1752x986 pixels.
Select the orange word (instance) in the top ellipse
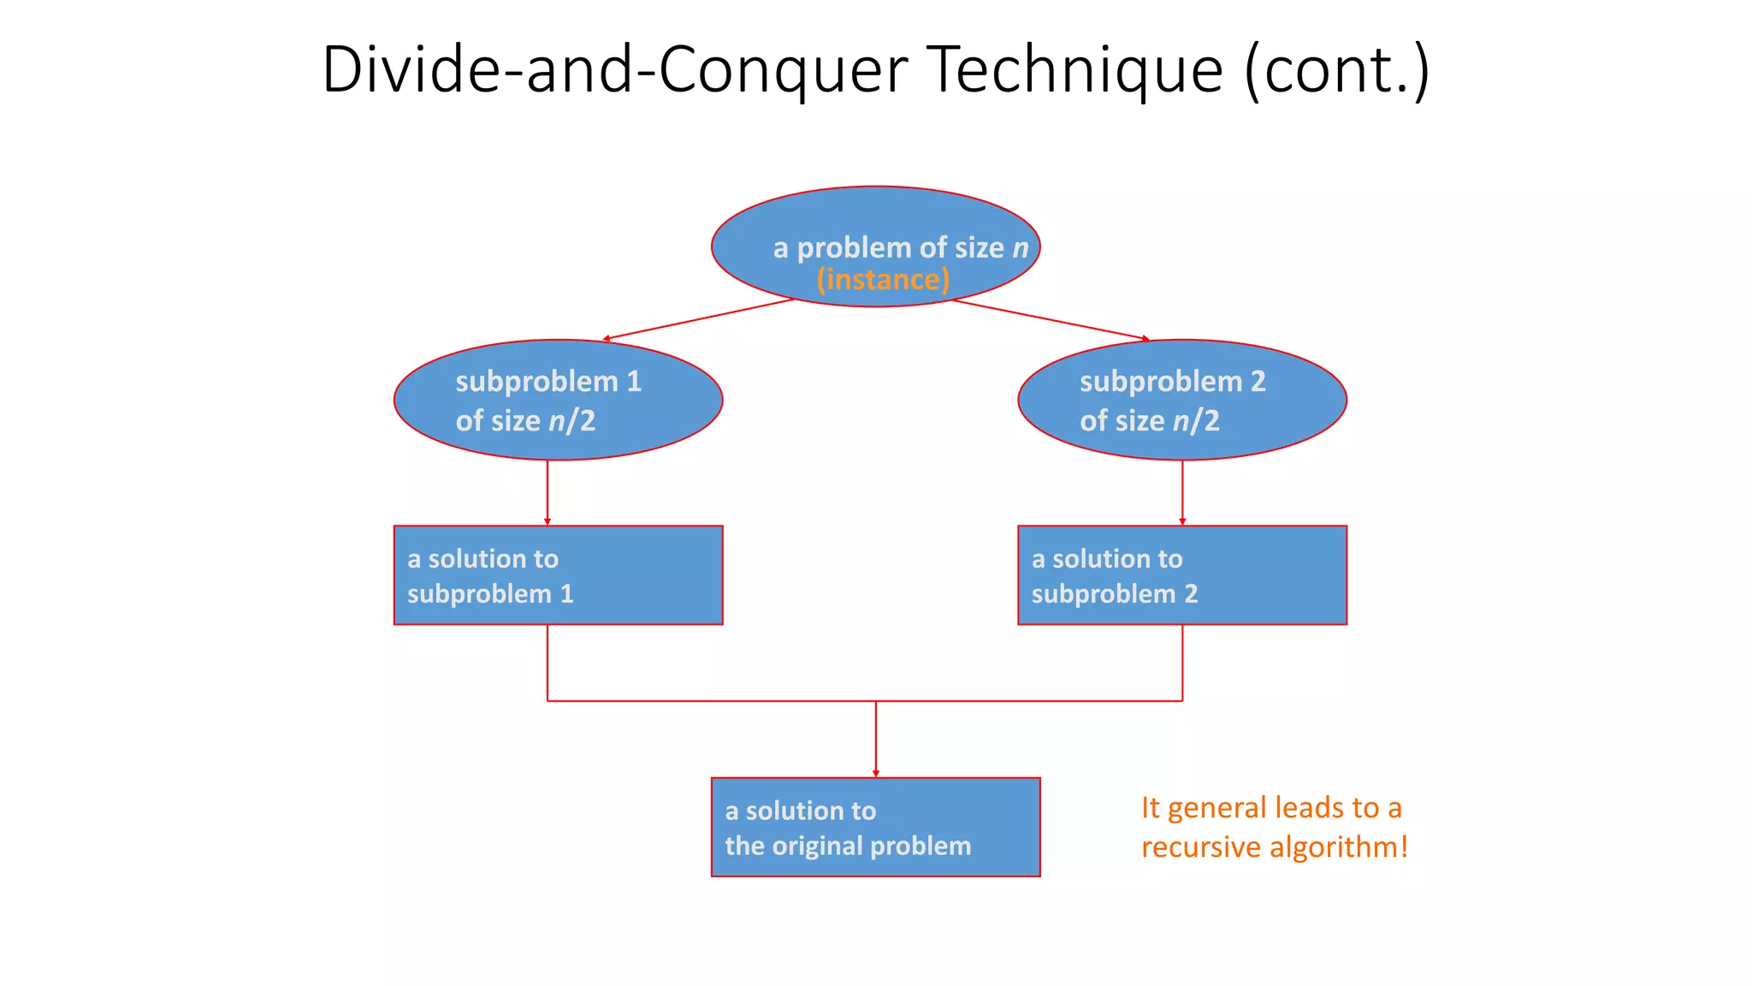point(883,280)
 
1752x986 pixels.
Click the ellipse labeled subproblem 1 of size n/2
point(558,400)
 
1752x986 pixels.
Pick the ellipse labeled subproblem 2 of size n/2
point(1182,400)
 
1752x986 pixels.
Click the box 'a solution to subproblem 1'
point(558,575)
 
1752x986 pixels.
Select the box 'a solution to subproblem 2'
point(1182,575)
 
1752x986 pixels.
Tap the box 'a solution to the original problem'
point(875,827)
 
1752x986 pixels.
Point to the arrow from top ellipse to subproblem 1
point(699,319)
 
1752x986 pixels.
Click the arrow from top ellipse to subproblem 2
point(1051,319)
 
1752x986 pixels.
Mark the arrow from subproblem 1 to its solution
point(547,492)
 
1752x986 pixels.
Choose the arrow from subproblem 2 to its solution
point(1182,492)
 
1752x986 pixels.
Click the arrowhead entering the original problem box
point(876,773)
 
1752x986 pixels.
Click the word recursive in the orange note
point(1200,847)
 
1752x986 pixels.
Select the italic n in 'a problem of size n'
point(1020,248)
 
